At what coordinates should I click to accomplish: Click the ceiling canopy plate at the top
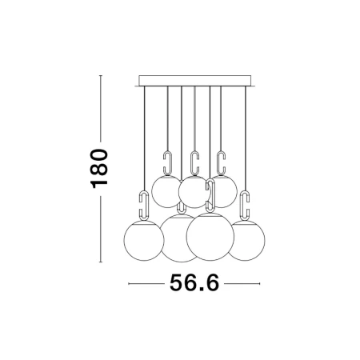(194, 81)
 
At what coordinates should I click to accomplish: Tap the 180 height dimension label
(99, 169)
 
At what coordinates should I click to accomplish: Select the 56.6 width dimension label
(194, 282)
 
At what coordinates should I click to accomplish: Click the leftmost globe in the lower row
(144, 240)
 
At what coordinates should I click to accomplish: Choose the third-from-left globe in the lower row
(210, 237)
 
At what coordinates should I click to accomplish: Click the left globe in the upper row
(166, 191)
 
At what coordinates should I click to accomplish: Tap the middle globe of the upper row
(194, 192)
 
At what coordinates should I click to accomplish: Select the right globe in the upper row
(224, 191)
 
